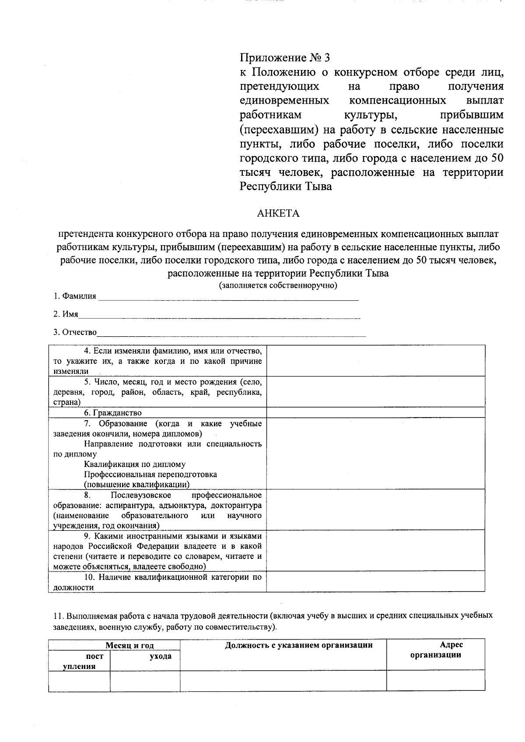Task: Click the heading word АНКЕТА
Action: tap(278, 213)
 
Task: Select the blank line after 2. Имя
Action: tap(219, 315)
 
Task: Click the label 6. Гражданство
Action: tap(113, 413)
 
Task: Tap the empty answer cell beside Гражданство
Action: tap(375, 412)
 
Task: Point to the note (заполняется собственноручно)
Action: tap(278, 286)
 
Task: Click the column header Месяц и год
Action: tap(129, 645)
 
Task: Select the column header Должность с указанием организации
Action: tap(299, 645)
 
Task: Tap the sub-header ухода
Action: tap(161, 656)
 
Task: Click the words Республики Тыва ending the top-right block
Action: tap(286, 187)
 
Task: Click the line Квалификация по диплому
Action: tap(134, 464)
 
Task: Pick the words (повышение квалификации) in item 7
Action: tap(136, 484)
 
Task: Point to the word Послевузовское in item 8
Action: tap(141, 495)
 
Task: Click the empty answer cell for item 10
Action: tap(375, 582)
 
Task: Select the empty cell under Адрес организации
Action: tap(435, 681)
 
